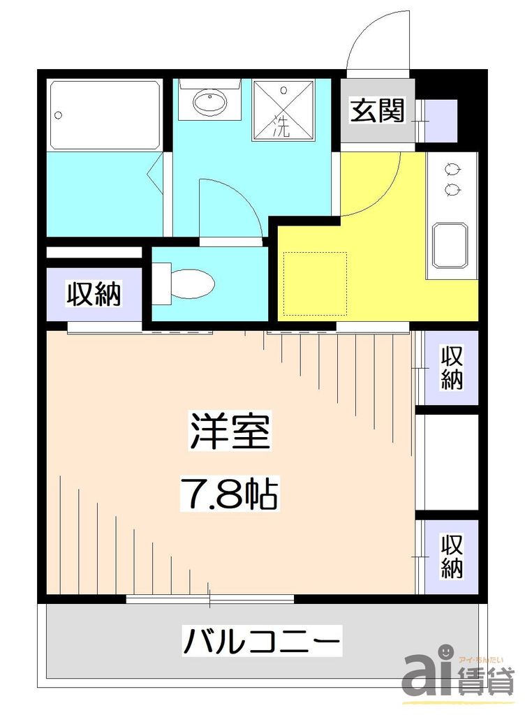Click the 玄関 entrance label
click(377, 112)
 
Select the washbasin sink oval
click(209, 105)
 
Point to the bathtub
click(105, 115)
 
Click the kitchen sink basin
click(451, 245)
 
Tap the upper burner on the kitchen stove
click(452, 169)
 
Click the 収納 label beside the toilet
click(94, 294)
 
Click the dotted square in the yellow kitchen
click(315, 283)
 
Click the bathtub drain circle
click(60, 115)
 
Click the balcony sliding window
click(210, 598)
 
